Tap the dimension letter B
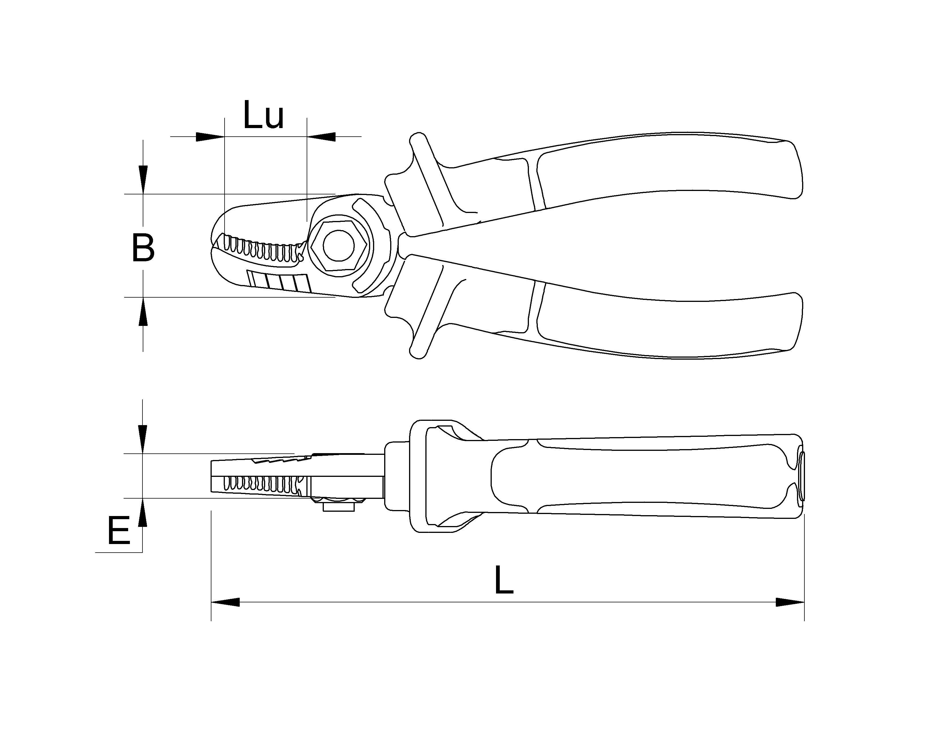pos(143,248)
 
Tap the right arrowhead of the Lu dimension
pos(321,136)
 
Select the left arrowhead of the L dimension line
pos(225,602)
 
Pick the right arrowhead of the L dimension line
pos(790,602)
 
